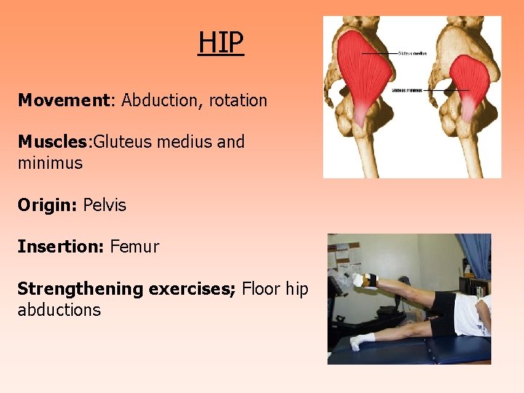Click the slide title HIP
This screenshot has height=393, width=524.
coord(221,43)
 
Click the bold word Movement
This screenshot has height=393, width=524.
coord(63,100)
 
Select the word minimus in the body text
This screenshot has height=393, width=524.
coord(50,163)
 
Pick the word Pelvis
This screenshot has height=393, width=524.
coord(105,205)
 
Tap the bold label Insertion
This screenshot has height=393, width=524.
coord(60,247)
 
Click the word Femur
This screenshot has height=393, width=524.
coord(135,247)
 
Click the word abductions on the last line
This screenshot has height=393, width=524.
coord(59,310)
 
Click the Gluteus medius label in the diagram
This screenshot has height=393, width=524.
coord(413,53)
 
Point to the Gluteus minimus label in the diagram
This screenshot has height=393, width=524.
coord(408,90)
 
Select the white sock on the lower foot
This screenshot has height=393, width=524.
coord(362,340)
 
